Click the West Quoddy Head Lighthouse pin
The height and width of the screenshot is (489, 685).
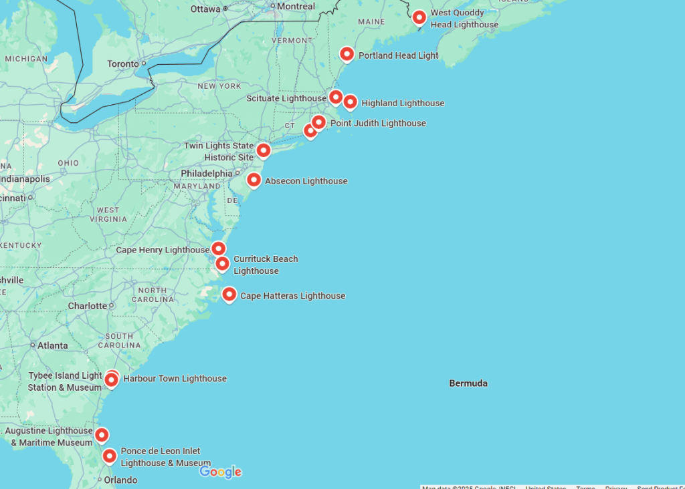pos(419,17)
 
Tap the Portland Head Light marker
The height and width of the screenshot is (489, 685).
pos(347,54)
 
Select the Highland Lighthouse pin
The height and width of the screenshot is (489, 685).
pos(350,102)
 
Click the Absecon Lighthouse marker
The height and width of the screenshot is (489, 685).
pos(254,180)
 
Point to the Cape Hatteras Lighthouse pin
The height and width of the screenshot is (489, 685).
pos(229,294)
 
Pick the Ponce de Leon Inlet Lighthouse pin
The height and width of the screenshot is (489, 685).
pos(110,456)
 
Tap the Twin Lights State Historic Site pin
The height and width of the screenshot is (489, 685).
pos(264,150)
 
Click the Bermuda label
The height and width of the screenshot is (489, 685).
pos(468,383)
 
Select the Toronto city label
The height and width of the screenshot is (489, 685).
pos(123,64)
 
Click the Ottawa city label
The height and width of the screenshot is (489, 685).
pos(205,9)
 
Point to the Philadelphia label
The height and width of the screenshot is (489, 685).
pos(207,174)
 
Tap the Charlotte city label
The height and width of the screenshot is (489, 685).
pos(88,306)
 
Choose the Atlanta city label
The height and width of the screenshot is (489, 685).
pos(52,345)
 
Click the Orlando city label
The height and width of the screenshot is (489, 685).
pos(120,480)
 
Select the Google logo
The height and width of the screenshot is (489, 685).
pos(221,472)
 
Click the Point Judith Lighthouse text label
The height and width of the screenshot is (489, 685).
pos(378,123)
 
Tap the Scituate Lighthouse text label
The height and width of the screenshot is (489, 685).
pos(286,98)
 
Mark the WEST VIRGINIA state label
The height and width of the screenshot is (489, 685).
pos(108,214)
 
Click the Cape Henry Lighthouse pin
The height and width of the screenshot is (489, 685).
pos(219,249)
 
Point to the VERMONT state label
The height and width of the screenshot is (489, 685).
pos(292,40)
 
